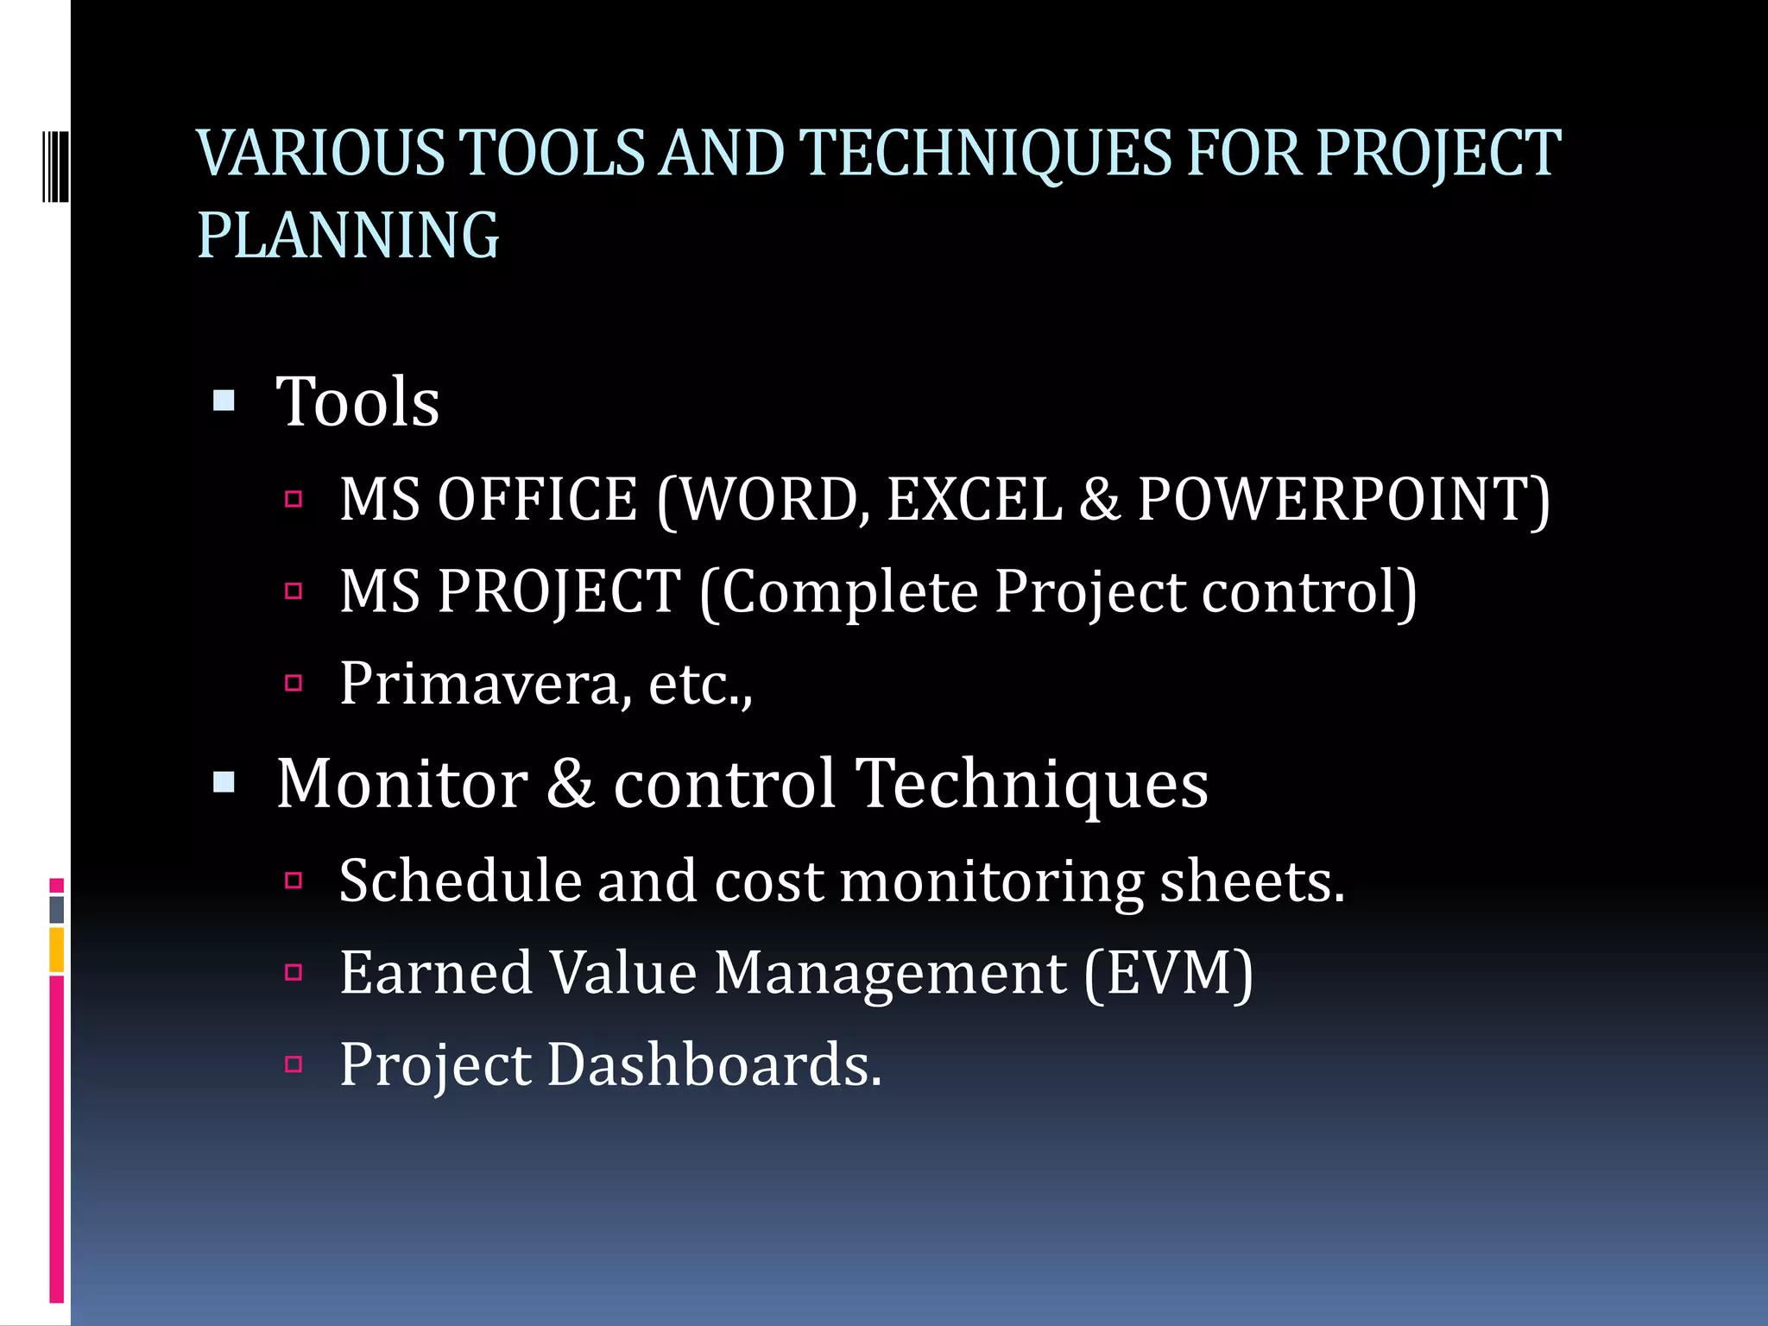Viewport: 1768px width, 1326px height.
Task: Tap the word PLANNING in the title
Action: pyautogui.click(x=348, y=235)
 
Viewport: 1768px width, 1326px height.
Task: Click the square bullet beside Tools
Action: pyautogui.click(x=224, y=401)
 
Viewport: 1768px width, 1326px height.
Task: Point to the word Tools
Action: pyautogui.click(x=357, y=402)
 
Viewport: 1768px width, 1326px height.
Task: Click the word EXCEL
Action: pyautogui.click(x=974, y=500)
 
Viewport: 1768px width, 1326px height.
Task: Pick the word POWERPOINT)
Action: pyautogui.click(x=1343, y=500)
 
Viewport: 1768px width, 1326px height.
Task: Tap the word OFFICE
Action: pyautogui.click(x=537, y=500)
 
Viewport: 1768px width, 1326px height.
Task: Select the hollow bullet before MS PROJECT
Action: pyautogui.click(x=294, y=591)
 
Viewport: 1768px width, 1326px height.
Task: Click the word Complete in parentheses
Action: pyautogui.click(x=849, y=593)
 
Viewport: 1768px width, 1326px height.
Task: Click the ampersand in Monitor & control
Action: pyautogui.click(x=571, y=784)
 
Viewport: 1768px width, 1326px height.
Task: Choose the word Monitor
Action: pyautogui.click(x=402, y=784)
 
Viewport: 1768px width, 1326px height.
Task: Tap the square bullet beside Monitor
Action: pyautogui.click(x=224, y=782)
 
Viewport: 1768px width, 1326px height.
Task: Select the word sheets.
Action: pyautogui.click(x=1252, y=881)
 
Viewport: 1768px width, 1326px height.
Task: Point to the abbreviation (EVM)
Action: pyautogui.click(x=1168, y=974)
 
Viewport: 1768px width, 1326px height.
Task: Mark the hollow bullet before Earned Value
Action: pyautogui.click(x=294, y=973)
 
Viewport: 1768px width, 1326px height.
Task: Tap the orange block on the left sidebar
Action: pyautogui.click(x=57, y=950)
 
